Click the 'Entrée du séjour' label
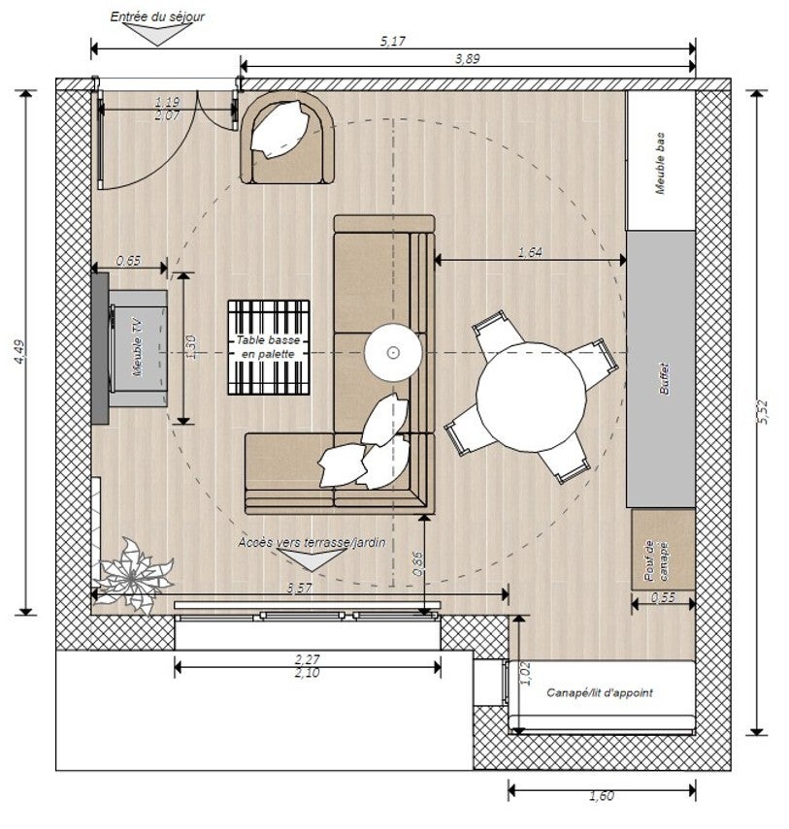click(157, 16)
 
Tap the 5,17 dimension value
click(392, 42)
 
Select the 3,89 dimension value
click(467, 59)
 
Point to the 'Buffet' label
click(665, 378)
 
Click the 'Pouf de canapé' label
click(656, 561)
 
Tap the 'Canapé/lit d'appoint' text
click(600, 692)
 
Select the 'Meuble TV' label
click(139, 347)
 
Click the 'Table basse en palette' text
click(268, 347)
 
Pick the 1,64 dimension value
click(530, 252)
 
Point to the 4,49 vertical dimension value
click(19, 352)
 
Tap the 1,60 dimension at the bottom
click(602, 796)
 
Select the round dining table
click(531, 397)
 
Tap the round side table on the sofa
click(393, 352)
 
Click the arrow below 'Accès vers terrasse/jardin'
click(312, 558)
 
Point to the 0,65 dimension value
click(129, 261)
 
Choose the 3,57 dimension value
click(299, 588)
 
